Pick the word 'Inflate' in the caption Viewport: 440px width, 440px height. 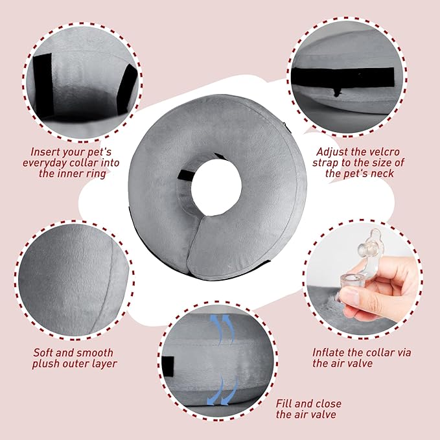[330, 353]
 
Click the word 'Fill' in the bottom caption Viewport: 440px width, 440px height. [284, 402]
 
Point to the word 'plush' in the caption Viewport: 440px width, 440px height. [49, 364]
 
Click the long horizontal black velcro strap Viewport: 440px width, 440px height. [351, 76]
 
